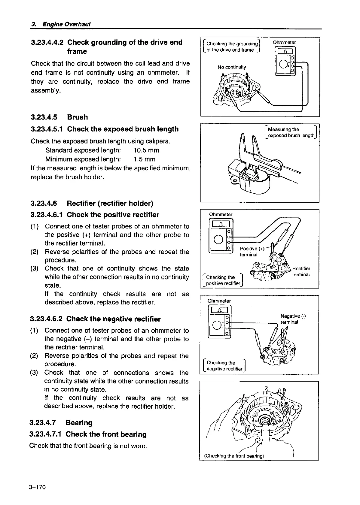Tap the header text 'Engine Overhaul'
(x=66, y=24)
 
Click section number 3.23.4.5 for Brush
(x=44, y=117)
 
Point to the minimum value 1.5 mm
(x=145, y=159)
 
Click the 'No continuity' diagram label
(x=232, y=67)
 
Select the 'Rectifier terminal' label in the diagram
(x=301, y=271)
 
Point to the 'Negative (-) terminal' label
(x=293, y=319)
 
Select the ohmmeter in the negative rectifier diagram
(x=219, y=322)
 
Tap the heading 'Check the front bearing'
(x=106, y=434)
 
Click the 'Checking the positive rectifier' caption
(x=223, y=280)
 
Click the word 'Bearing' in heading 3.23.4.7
(x=79, y=423)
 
